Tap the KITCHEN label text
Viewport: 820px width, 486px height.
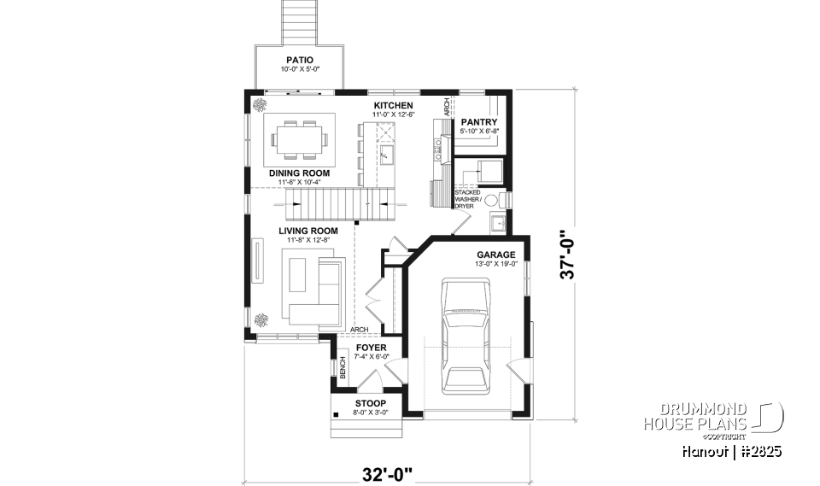pos(393,106)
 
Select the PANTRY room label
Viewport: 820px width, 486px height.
pos(478,122)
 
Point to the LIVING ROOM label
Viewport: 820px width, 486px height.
pos(308,231)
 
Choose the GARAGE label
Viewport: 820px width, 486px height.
pos(495,255)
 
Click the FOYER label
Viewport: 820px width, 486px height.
pos(372,348)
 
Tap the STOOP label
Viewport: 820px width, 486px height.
pos(371,403)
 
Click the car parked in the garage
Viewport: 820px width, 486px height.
pos(465,337)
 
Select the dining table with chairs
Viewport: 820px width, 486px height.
pos(298,138)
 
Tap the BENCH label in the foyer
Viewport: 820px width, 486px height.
pos(343,370)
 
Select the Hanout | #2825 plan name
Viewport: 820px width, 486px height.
pos(733,450)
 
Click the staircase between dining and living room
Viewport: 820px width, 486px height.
pos(334,204)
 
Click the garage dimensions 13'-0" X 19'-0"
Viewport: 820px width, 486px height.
pos(495,265)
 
